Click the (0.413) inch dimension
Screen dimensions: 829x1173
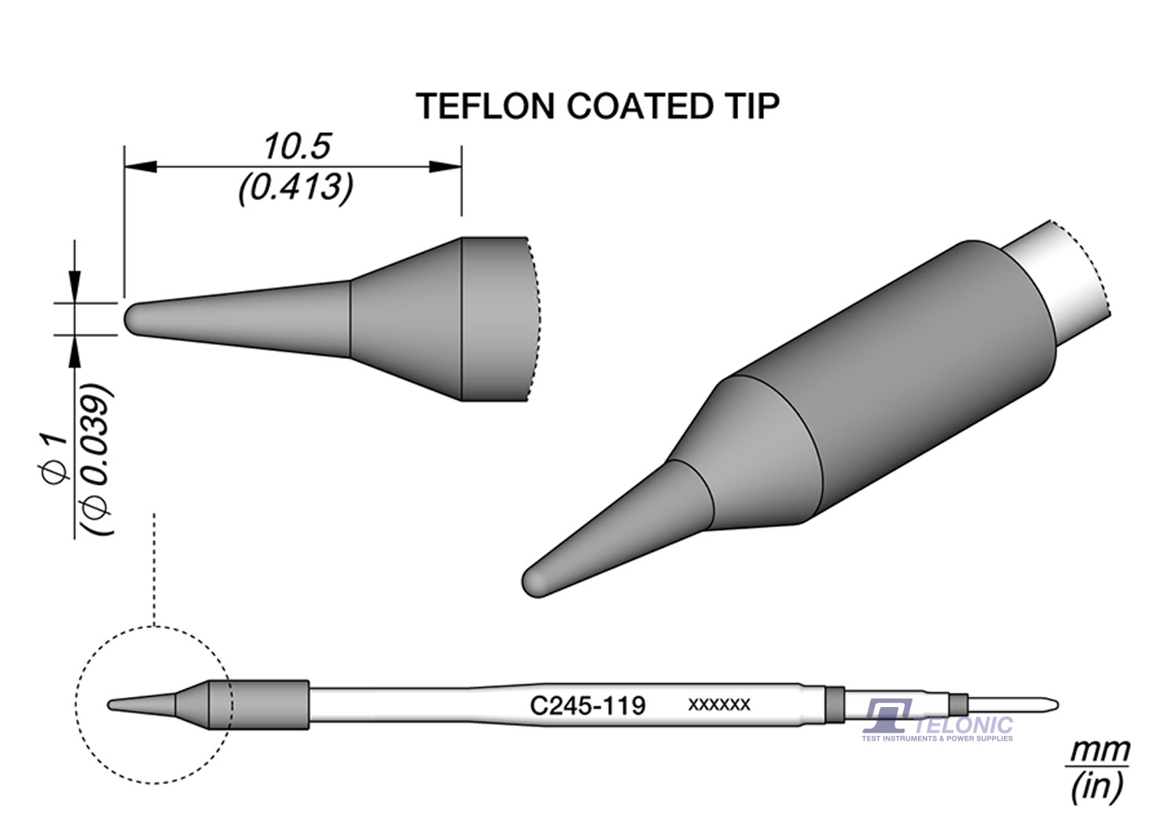tap(296, 188)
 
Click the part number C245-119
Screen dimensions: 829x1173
tap(587, 706)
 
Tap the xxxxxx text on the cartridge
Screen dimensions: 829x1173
tap(719, 705)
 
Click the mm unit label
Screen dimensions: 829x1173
tap(1099, 751)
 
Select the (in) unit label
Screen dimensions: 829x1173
tap(1097, 786)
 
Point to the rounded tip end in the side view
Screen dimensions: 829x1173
tap(131, 319)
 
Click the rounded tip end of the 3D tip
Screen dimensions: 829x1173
tap(533, 582)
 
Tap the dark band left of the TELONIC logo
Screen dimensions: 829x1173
tap(835, 704)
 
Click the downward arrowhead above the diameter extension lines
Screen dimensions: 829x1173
tap(75, 283)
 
